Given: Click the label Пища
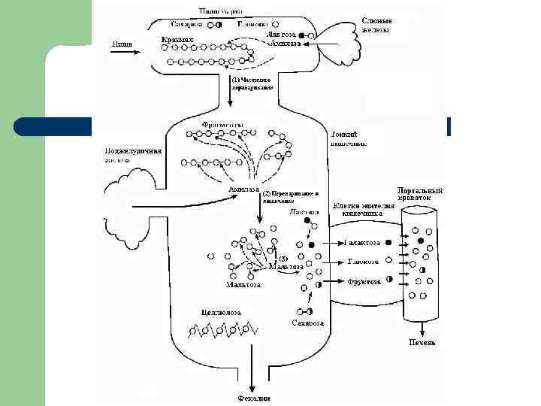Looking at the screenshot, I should [122, 44].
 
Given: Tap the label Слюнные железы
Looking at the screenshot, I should [375, 25].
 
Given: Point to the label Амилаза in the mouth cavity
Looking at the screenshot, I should [286, 44].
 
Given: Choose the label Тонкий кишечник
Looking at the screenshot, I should [348, 138].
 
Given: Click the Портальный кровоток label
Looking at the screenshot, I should [420, 195].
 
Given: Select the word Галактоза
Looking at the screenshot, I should [368, 243].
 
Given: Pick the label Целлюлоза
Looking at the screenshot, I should [220, 311].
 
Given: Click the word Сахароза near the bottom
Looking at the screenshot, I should [307, 323].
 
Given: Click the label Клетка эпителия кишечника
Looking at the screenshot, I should [363, 209].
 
